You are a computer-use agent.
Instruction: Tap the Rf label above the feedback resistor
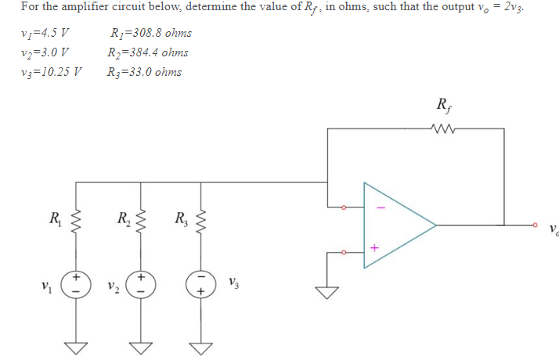[x=442, y=106]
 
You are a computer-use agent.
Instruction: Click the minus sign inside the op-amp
[x=381, y=207]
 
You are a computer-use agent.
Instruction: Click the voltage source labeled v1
[x=77, y=283]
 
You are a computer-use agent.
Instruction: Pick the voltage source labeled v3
[x=201, y=283]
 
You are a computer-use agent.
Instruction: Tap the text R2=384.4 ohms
[x=149, y=53]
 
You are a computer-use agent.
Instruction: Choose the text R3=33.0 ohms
[x=145, y=72]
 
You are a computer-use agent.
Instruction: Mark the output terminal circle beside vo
[x=535, y=225]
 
